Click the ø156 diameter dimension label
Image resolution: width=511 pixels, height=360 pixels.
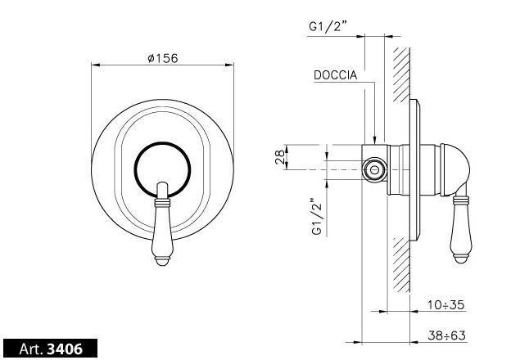pos(163,58)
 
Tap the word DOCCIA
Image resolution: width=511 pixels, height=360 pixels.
pos(336,75)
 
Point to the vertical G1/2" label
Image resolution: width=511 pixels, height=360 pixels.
pos(316,216)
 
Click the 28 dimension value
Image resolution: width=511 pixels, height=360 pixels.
pos(279,157)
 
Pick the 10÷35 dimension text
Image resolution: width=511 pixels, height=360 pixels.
pos(445,305)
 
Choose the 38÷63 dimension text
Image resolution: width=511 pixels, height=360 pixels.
pos(446,335)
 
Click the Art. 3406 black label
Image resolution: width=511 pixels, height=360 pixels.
pos(50,349)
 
